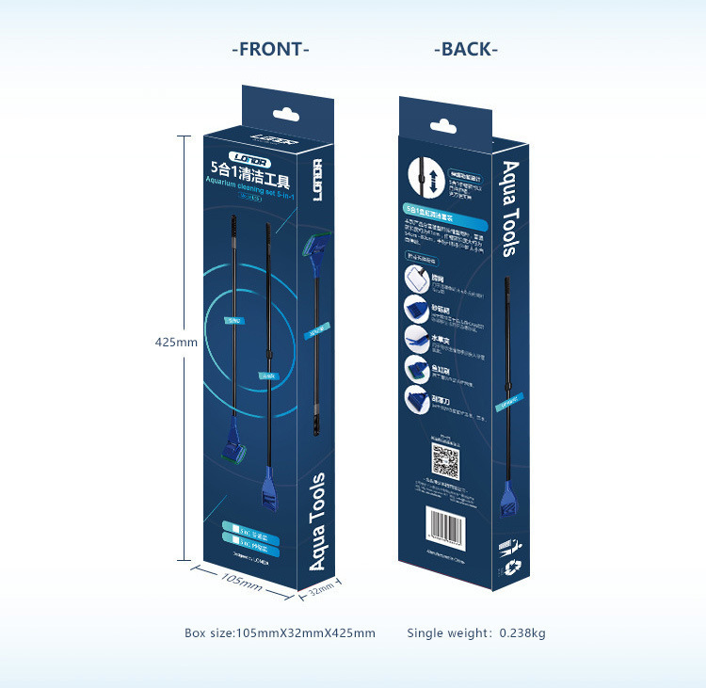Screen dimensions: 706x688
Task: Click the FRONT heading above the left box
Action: [270, 49]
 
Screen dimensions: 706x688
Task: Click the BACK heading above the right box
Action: [466, 49]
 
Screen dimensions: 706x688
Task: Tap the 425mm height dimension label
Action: [176, 343]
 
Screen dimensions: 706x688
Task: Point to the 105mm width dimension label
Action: [242, 581]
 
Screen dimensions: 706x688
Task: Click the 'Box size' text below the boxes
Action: [280, 633]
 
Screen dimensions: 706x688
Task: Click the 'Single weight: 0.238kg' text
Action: [475, 633]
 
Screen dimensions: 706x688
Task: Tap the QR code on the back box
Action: [444, 462]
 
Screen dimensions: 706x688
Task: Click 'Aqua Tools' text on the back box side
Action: [509, 209]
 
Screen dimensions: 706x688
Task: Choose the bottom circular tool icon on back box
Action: [415, 396]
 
